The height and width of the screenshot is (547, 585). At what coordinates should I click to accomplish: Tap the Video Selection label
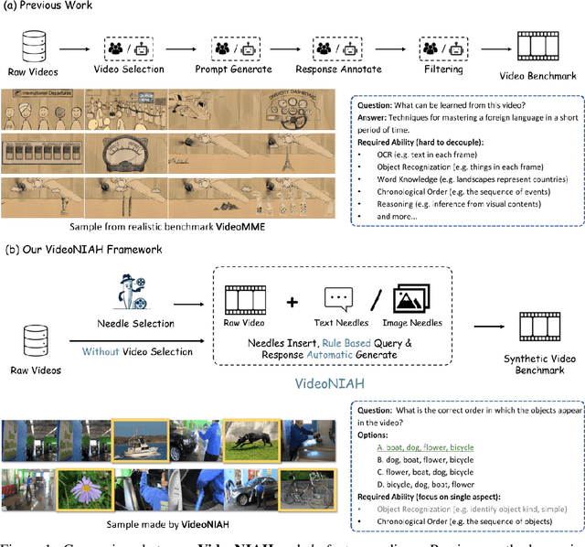(x=130, y=70)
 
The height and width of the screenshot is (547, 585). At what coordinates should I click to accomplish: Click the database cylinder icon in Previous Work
(x=34, y=46)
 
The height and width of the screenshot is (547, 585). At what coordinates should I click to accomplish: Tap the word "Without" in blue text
(x=100, y=351)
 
